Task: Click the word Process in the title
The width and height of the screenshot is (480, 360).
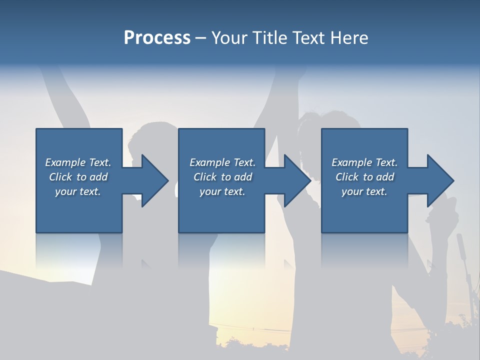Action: pyautogui.click(x=157, y=38)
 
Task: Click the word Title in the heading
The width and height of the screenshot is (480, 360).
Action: pyautogui.click(x=269, y=38)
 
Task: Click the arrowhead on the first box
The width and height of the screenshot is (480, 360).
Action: pyautogui.click(x=153, y=180)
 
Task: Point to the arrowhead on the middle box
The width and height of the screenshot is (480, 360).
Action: pyautogui.click(x=295, y=180)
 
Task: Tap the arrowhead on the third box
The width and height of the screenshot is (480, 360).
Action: pyautogui.click(x=438, y=180)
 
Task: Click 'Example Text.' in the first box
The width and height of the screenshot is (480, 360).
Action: pyautogui.click(x=78, y=162)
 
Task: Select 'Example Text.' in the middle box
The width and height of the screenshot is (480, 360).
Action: pyautogui.click(x=222, y=162)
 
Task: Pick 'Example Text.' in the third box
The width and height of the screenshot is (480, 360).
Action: pyautogui.click(x=364, y=162)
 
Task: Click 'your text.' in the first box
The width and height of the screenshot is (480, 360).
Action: pyautogui.click(x=78, y=191)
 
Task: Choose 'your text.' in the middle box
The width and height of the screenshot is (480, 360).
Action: pyautogui.click(x=222, y=191)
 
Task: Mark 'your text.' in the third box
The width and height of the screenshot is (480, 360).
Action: pyautogui.click(x=364, y=191)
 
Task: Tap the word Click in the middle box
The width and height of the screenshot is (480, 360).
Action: pyautogui.click(x=205, y=177)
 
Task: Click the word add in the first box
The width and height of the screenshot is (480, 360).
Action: pyautogui.click(x=98, y=177)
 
